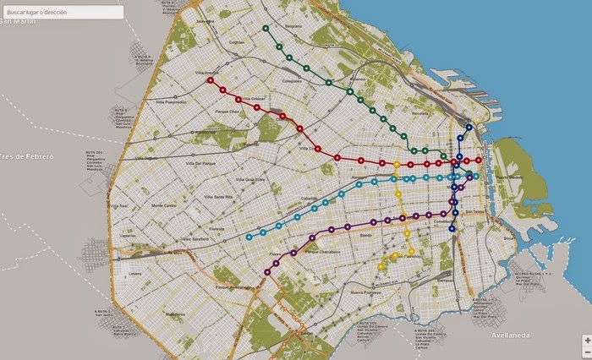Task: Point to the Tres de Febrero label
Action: pyautogui.click(x=27, y=156)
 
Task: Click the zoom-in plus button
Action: pyautogui.click(x=587, y=340)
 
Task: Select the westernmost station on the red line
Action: pyautogui.click(x=211, y=80)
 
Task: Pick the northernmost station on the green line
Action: pyautogui.click(x=266, y=28)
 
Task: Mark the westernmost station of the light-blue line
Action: pyautogui.click(x=249, y=237)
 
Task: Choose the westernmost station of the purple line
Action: pyautogui.click(x=267, y=271)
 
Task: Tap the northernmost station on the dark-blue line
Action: pyautogui.click(x=469, y=128)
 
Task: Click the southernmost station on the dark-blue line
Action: pyautogui.click(x=452, y=228)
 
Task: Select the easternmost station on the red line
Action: pyautogui.click(x=479, y=160)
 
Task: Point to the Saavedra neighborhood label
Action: pyautogui.click(x=202, y=20)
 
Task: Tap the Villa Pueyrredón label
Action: pyautogui.click(x=170, y=101)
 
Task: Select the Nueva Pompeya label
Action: pyautogui.click(x=367, y=291)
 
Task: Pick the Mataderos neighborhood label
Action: pyautogui.click(x=175, y=314)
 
